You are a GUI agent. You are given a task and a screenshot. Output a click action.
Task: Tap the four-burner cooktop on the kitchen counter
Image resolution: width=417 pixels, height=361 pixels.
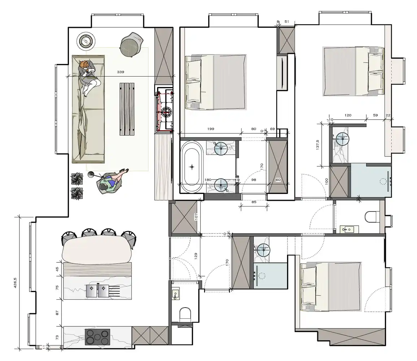click(97, 337)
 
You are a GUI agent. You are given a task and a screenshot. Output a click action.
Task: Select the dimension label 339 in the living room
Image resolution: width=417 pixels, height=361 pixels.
click(121, 72)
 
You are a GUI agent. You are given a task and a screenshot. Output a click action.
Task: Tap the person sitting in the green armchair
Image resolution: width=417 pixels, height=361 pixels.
click(109, 183)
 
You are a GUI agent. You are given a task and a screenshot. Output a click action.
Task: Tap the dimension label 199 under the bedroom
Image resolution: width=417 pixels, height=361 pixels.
click(211, 129)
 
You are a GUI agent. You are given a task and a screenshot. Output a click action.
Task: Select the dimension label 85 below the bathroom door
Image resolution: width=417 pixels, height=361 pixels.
click(254, 202)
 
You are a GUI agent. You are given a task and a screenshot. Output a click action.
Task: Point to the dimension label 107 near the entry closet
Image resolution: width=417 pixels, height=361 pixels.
click(197, 217)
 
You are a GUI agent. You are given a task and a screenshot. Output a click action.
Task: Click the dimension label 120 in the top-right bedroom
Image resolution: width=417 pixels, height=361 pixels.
click(348, 116)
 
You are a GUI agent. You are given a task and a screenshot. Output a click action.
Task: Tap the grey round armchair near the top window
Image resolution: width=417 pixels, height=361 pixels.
click(130, 44)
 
